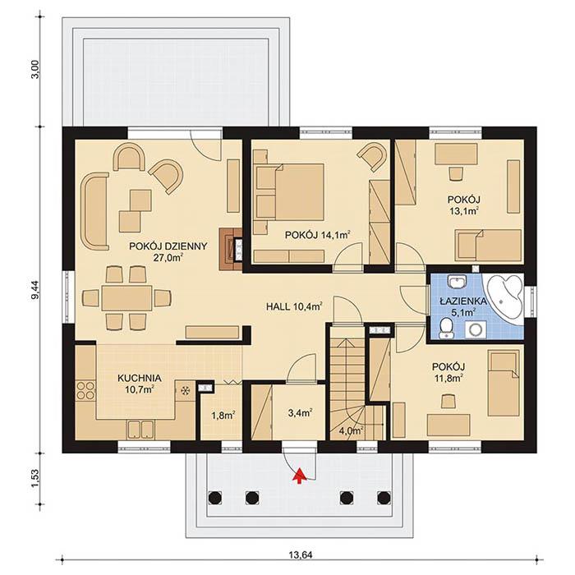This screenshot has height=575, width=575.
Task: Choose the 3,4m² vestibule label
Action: [x=299, y=413]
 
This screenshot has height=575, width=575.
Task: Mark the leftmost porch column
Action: [x=215, y=496]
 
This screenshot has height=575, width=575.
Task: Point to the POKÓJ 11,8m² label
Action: [x=448, y=372]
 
